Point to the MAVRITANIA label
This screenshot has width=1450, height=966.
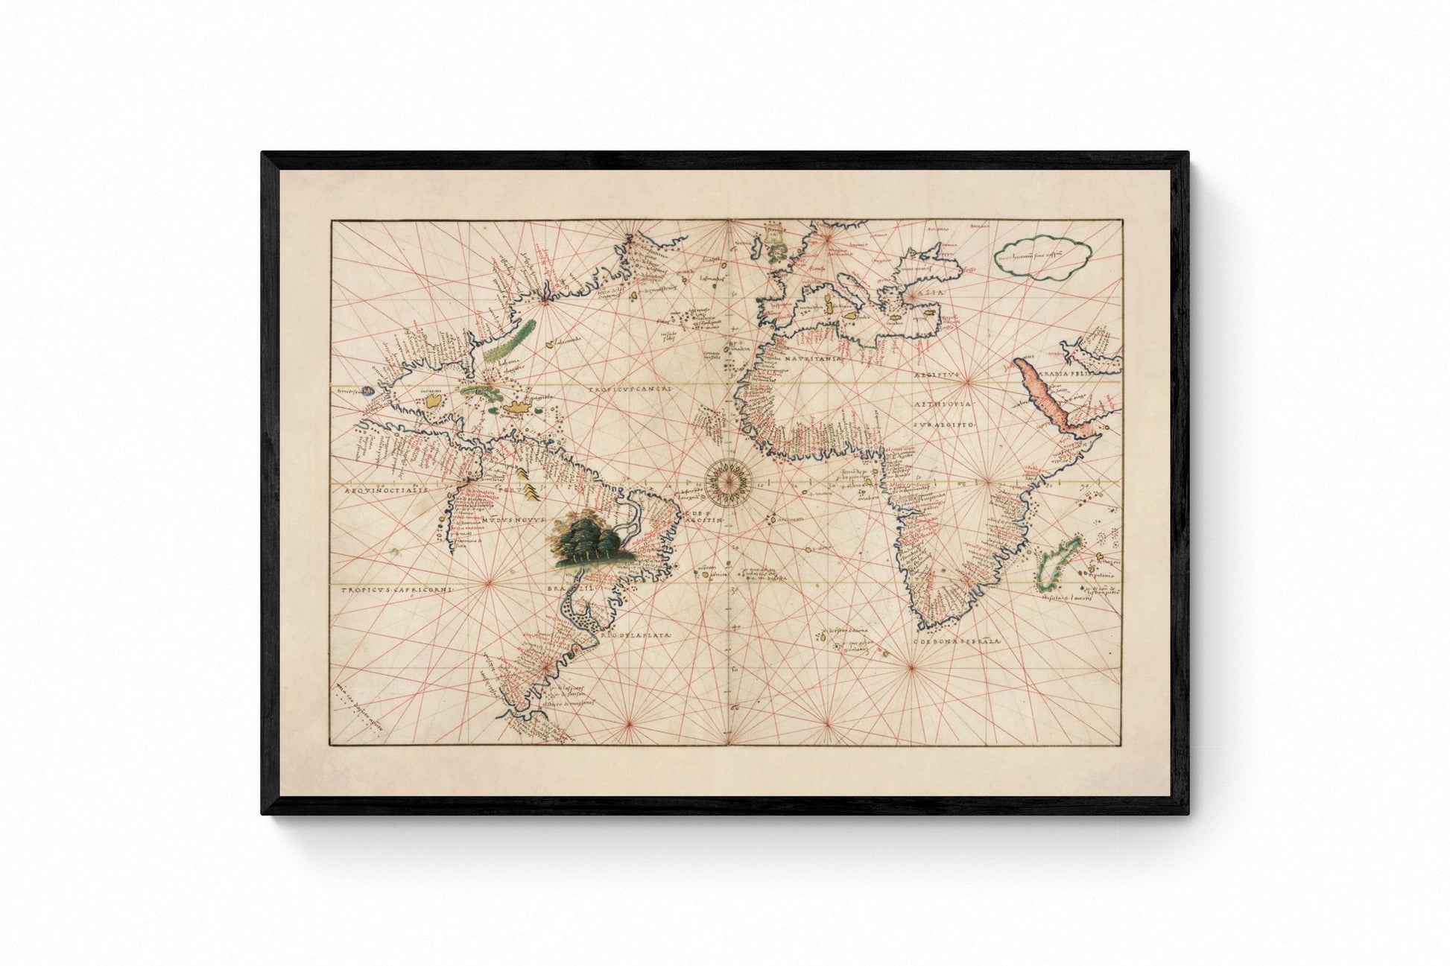[x=811, y=359]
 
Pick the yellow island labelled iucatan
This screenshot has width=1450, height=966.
[x=431, y=402]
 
